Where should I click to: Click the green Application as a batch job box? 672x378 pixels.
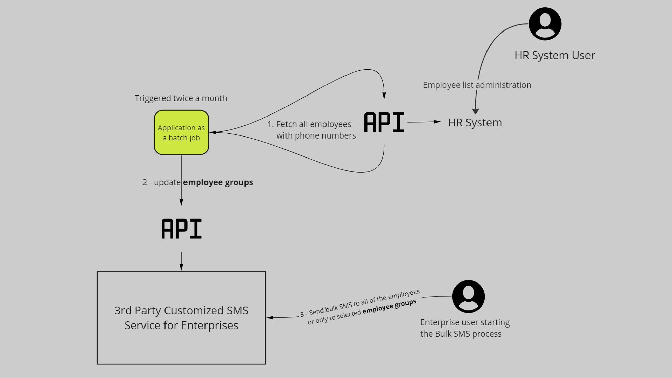coord(181,132)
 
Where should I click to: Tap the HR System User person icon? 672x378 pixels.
coord(545,24)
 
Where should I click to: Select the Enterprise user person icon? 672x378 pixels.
coord(468,296)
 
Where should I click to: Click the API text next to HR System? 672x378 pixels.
coord(384,122)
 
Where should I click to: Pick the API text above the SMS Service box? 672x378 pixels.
coord(181,229)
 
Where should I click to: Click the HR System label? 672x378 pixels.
coord(475,122)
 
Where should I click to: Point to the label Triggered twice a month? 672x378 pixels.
coord(181,98)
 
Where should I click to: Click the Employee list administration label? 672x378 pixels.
coord(477,85)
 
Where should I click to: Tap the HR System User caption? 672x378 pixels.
coord(555,55)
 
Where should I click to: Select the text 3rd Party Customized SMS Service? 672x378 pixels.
coord(181,318)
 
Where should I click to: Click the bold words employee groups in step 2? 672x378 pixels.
coord(218,182)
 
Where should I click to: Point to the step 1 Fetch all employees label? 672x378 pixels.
coord(311,130)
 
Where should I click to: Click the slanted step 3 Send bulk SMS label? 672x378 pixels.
coord(360,307)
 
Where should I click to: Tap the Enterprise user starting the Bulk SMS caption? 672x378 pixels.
coord(465,328)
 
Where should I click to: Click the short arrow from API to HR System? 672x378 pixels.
coord(423,122)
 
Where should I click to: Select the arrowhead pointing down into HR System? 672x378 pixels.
coord(475,111)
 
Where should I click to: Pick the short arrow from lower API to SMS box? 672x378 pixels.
coord(181,261)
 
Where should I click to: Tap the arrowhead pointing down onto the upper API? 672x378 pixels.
coord(384,96)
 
